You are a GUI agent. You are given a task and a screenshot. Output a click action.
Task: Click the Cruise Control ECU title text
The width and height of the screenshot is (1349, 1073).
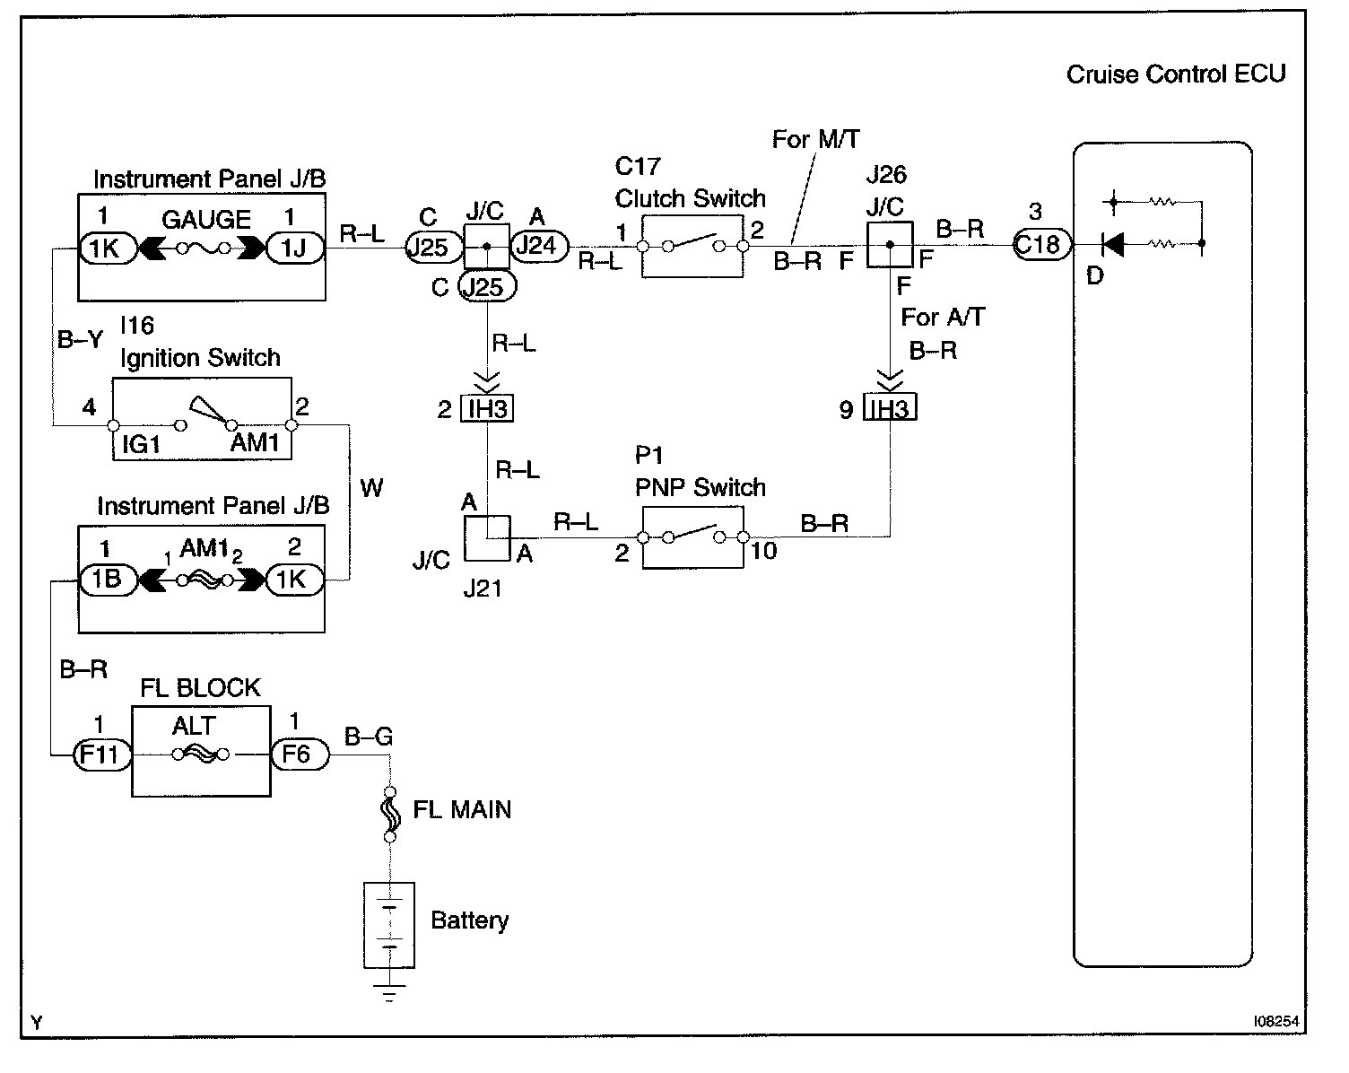point(1175,74)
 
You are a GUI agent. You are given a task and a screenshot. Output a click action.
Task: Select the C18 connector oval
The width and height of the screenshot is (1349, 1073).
point(1040,244)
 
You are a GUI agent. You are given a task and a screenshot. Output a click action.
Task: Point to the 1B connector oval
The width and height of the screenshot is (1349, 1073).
point(107,580)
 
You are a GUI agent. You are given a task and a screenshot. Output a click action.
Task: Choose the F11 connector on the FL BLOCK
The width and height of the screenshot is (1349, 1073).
point(100,755)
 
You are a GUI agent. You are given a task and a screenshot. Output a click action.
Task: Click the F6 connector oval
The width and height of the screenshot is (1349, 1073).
point(297,755)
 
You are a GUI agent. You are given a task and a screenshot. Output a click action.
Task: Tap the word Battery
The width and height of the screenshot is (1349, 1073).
point(469,920)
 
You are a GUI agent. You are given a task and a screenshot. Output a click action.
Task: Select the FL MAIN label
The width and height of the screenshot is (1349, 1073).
point(462,810)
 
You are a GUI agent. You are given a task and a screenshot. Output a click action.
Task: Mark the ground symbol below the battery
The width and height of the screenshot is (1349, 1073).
point(389,993)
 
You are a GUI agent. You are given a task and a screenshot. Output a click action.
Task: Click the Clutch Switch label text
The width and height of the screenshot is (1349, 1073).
point(691,198)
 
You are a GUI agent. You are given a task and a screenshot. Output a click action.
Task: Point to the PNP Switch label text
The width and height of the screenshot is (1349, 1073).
point(701,487)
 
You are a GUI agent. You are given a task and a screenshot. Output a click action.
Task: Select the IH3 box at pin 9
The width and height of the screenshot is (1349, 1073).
point(890,409)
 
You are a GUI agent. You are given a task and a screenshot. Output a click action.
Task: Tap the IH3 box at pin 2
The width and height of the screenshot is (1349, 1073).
point(487,409)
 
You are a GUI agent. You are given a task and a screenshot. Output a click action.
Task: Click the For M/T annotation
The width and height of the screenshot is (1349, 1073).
point(815,139)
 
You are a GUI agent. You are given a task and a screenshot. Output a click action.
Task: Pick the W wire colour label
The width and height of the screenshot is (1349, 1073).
point(371,488)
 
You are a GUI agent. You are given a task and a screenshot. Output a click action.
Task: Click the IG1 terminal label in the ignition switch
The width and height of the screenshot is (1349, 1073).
point(141,444)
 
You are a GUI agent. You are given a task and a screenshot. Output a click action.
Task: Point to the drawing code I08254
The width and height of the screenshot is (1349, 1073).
point(1277,1022)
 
